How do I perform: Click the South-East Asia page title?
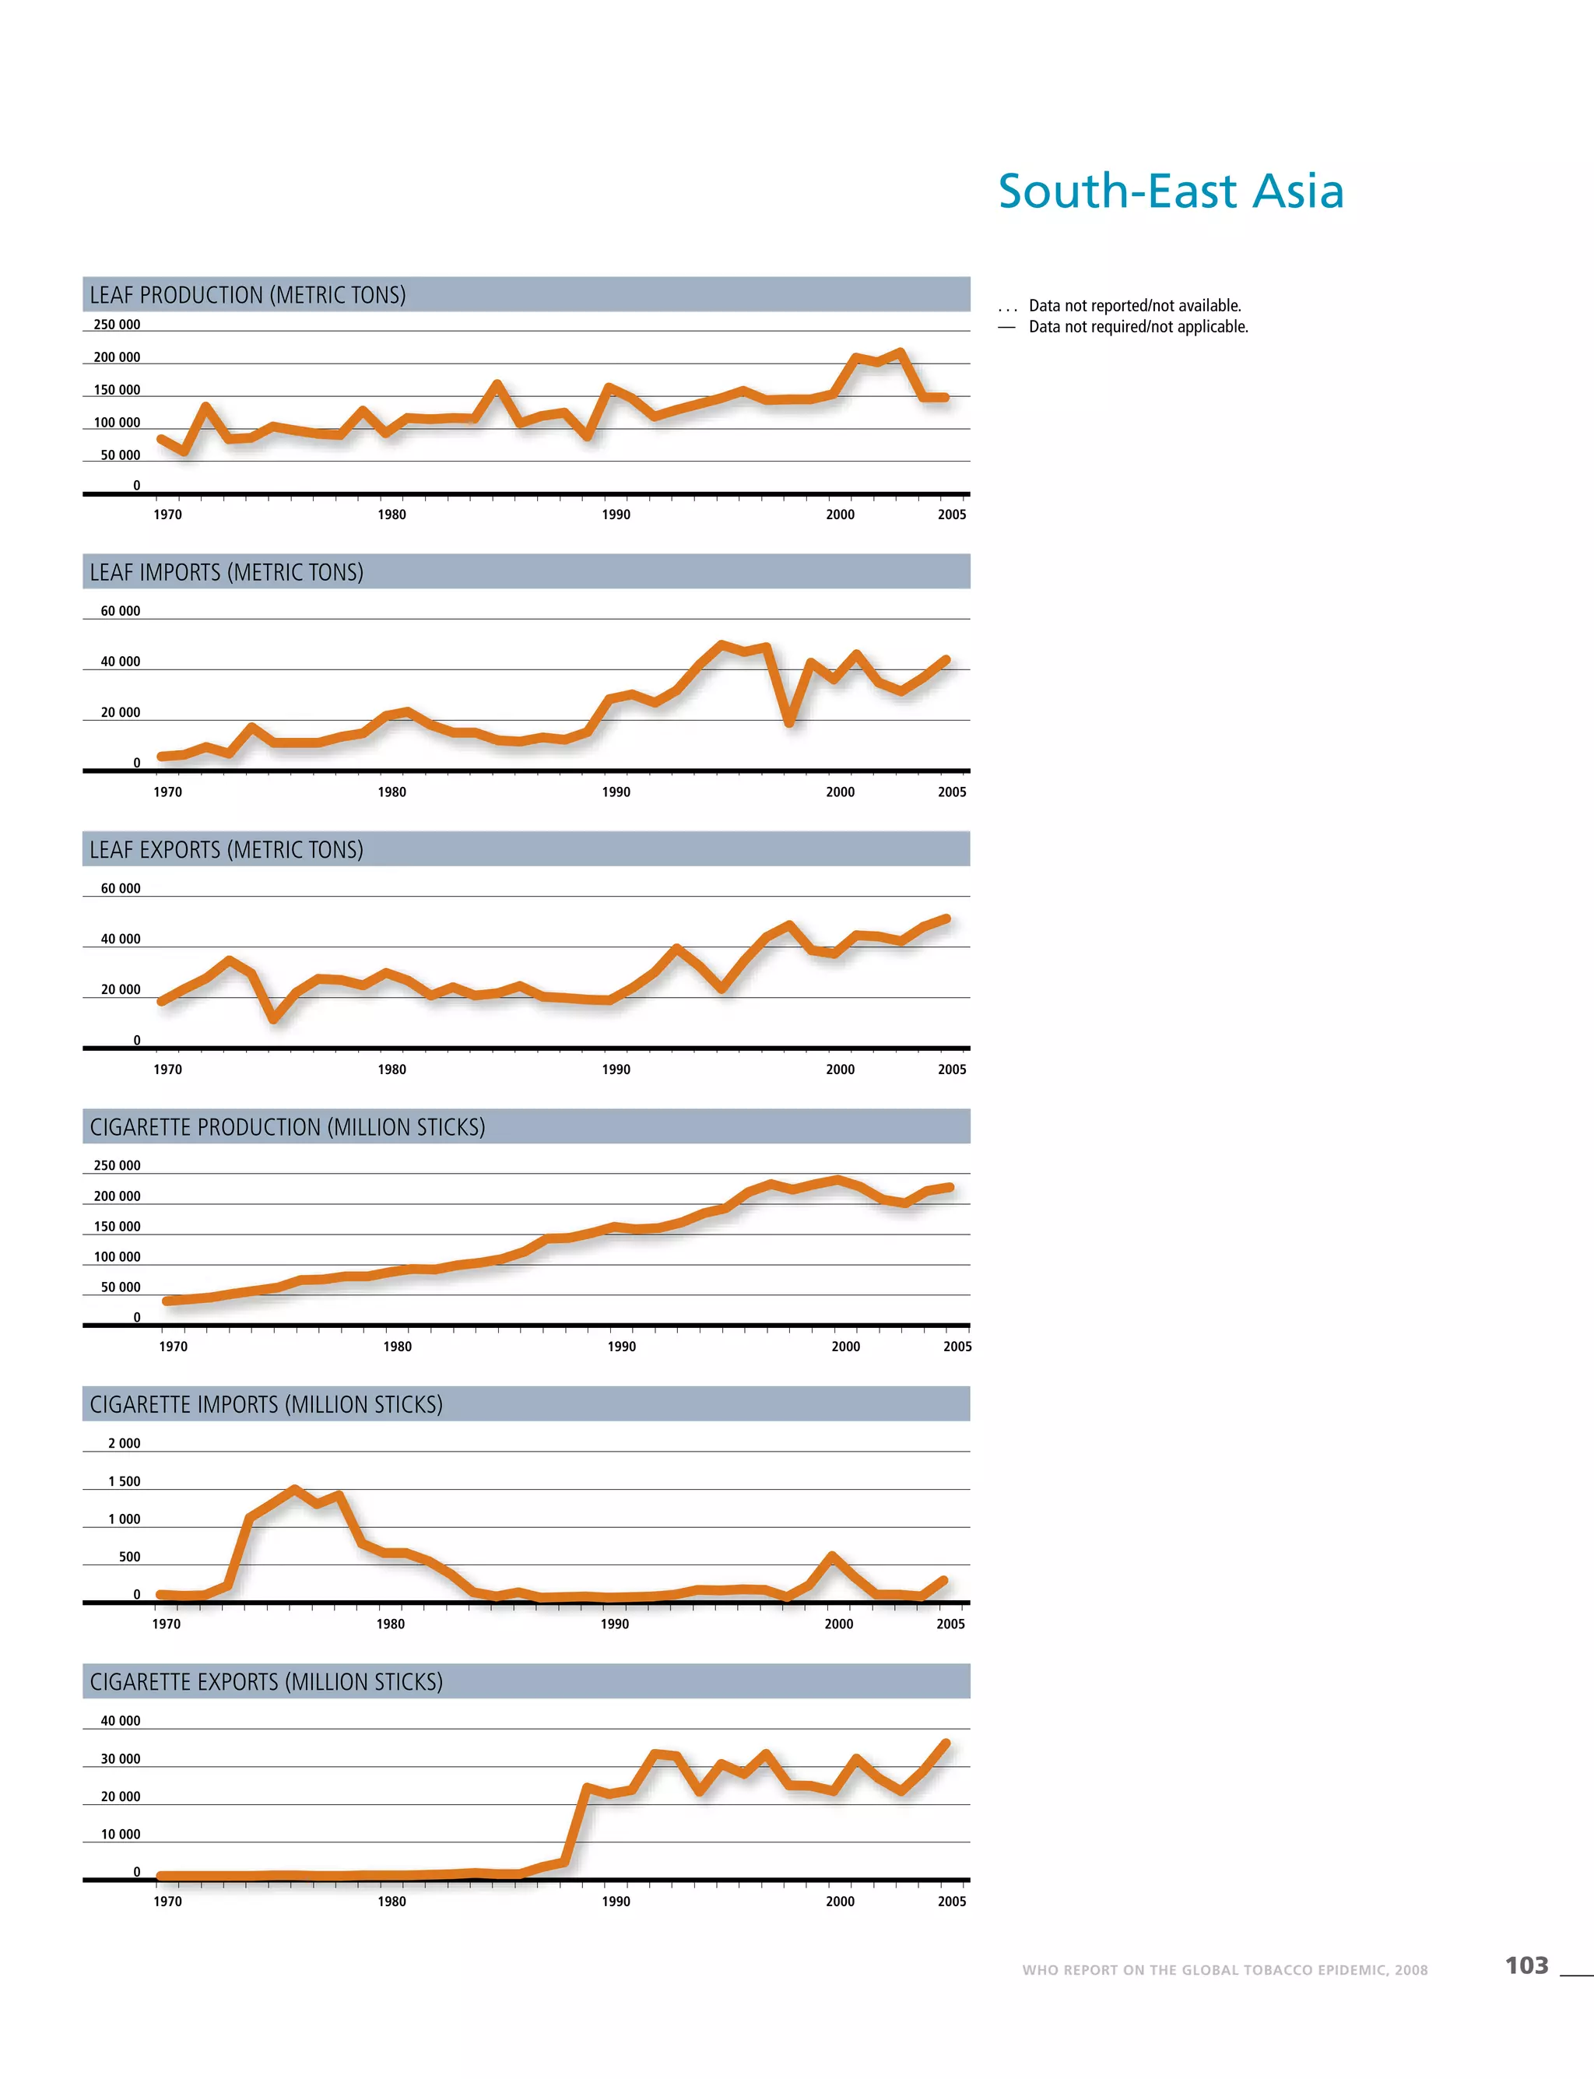point(1171,191)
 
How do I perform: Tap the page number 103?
point(1526,1965)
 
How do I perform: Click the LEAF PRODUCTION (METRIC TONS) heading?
point(248,295)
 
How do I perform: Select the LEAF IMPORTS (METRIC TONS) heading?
point(226,572)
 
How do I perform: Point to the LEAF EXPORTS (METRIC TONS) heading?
point(226,849)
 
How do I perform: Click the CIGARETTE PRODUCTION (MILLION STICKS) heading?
point(287,1127)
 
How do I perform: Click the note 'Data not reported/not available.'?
point(1135,306)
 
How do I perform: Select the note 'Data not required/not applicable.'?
point(1139,326)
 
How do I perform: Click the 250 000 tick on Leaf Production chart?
point(117,325)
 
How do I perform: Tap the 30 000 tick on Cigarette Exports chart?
point(121,1758)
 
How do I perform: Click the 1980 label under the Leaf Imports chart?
point(391,792)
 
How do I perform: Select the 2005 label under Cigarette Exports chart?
point(952,1901)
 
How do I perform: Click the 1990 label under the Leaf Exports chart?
point(616,1069)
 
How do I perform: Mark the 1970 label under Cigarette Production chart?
point(174,1347)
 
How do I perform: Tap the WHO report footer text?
point(1224,1970)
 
